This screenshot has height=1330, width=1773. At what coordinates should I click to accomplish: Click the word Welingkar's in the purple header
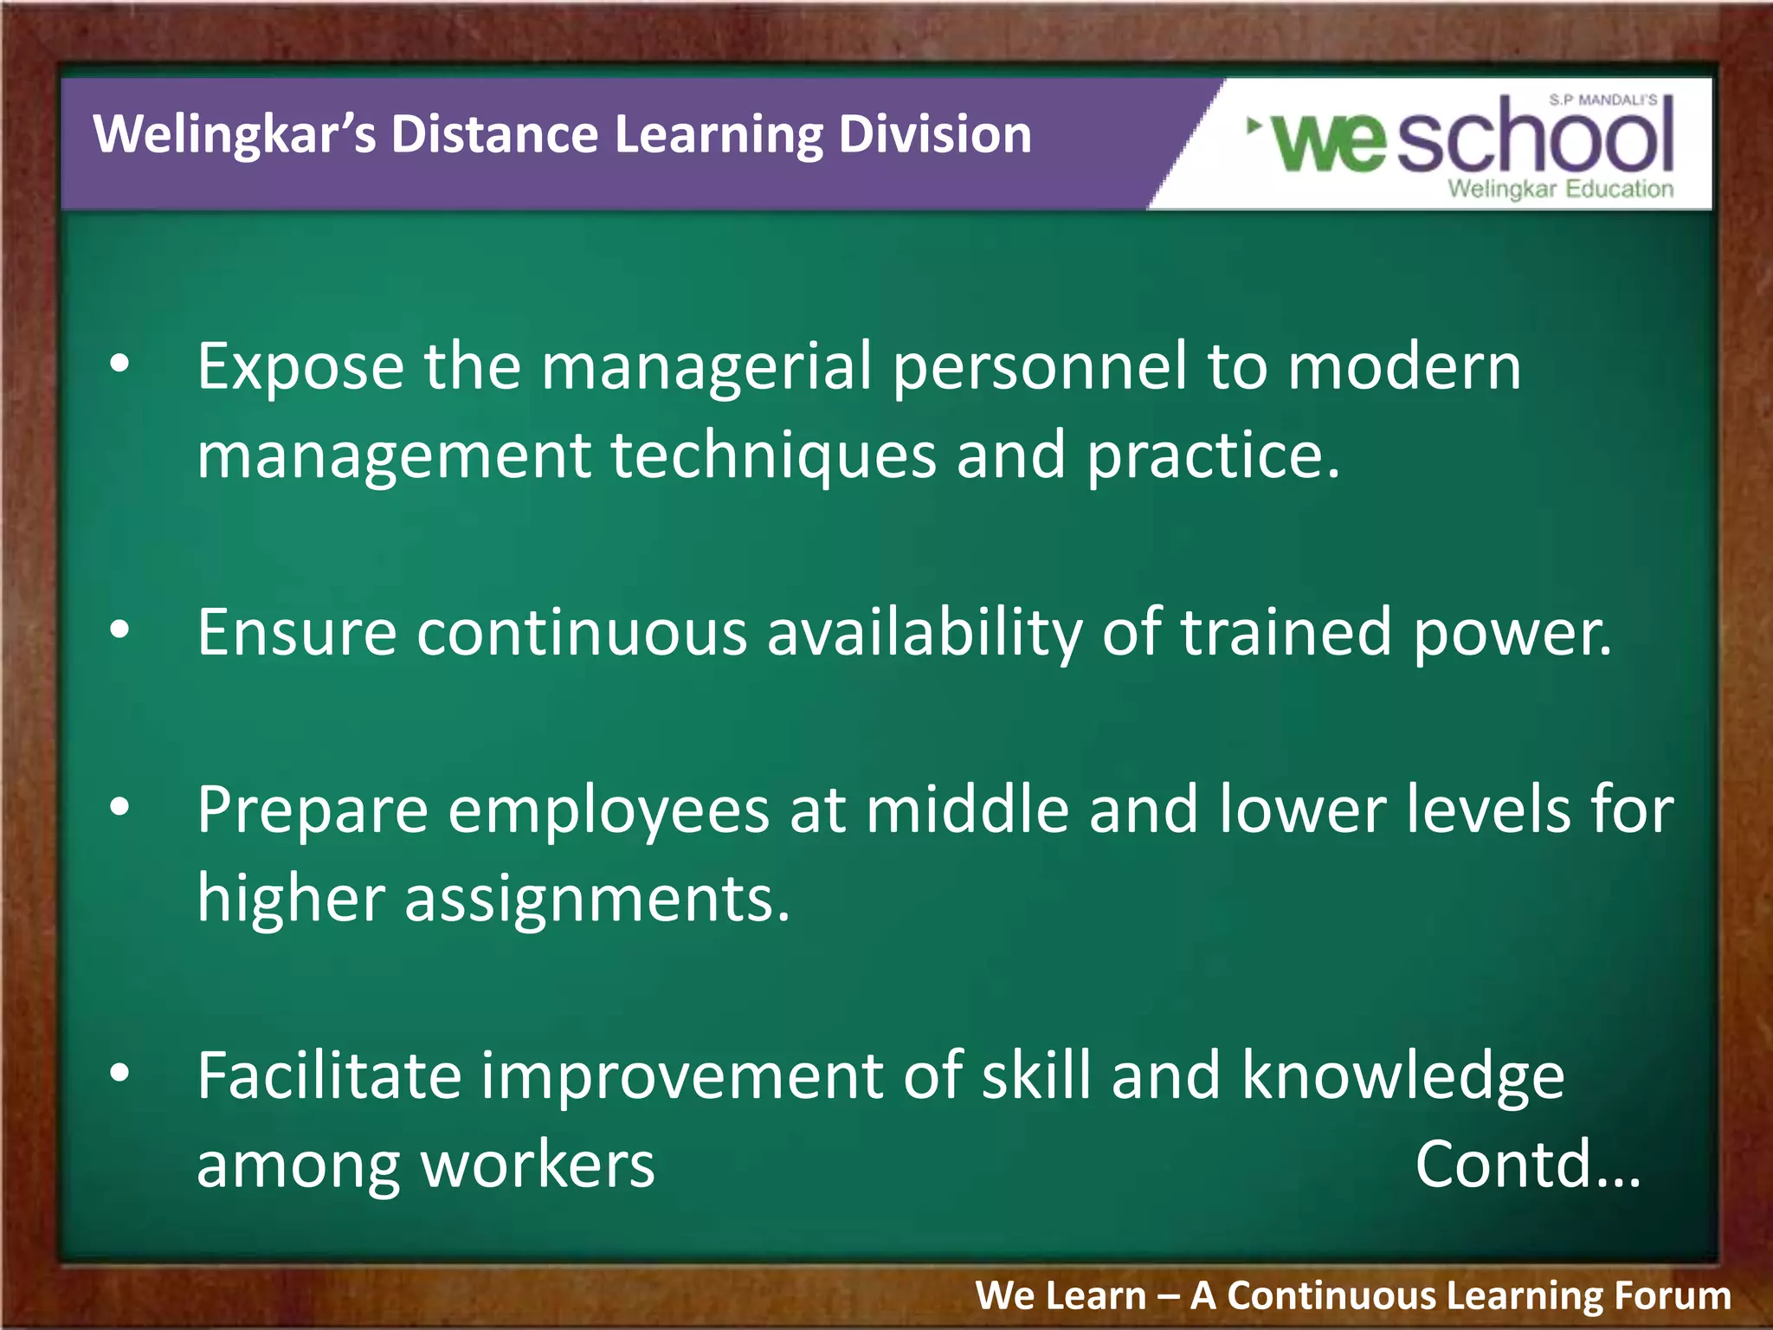pos(234,135)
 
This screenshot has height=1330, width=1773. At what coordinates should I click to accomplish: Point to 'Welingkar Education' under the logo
pos(1560,189)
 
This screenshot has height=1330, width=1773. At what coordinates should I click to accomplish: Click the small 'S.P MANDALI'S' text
pos(1602,100)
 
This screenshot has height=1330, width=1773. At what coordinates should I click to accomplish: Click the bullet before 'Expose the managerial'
pos(119,365)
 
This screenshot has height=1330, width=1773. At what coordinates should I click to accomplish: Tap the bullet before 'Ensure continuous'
pos(119,631)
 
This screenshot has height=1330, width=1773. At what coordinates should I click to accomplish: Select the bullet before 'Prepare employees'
pos(119,808)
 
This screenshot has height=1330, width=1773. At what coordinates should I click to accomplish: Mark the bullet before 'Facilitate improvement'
pos(119,1074)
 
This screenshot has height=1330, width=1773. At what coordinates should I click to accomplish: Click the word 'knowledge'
pos(1402,1076)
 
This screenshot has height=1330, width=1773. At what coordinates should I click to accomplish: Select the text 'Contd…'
pos(1528,1165)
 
